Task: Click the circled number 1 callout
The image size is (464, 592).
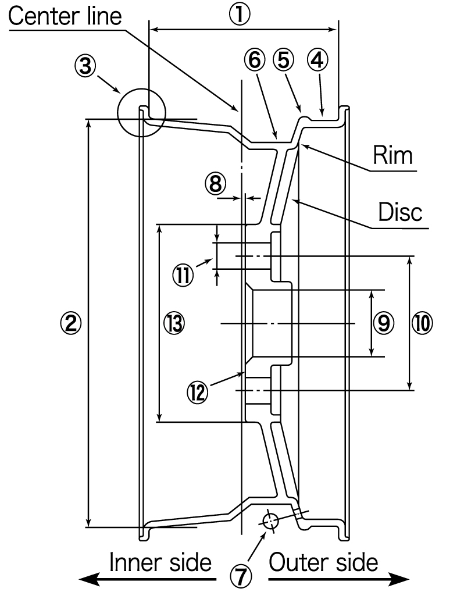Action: tap(240, 15)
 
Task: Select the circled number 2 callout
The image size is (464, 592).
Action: tap(71, 323)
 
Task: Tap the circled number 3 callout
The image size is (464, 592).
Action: tap(85, 66)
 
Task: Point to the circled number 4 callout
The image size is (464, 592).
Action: tap(317, 60)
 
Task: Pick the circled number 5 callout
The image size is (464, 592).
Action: tap(284, 60)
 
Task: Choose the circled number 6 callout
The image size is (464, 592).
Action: tap(255, 60)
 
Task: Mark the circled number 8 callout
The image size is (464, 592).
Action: tap(215, 184)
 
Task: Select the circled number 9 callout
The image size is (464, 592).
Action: tap(384, 323)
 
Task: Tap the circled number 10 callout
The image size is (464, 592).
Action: tap(422, 323)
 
